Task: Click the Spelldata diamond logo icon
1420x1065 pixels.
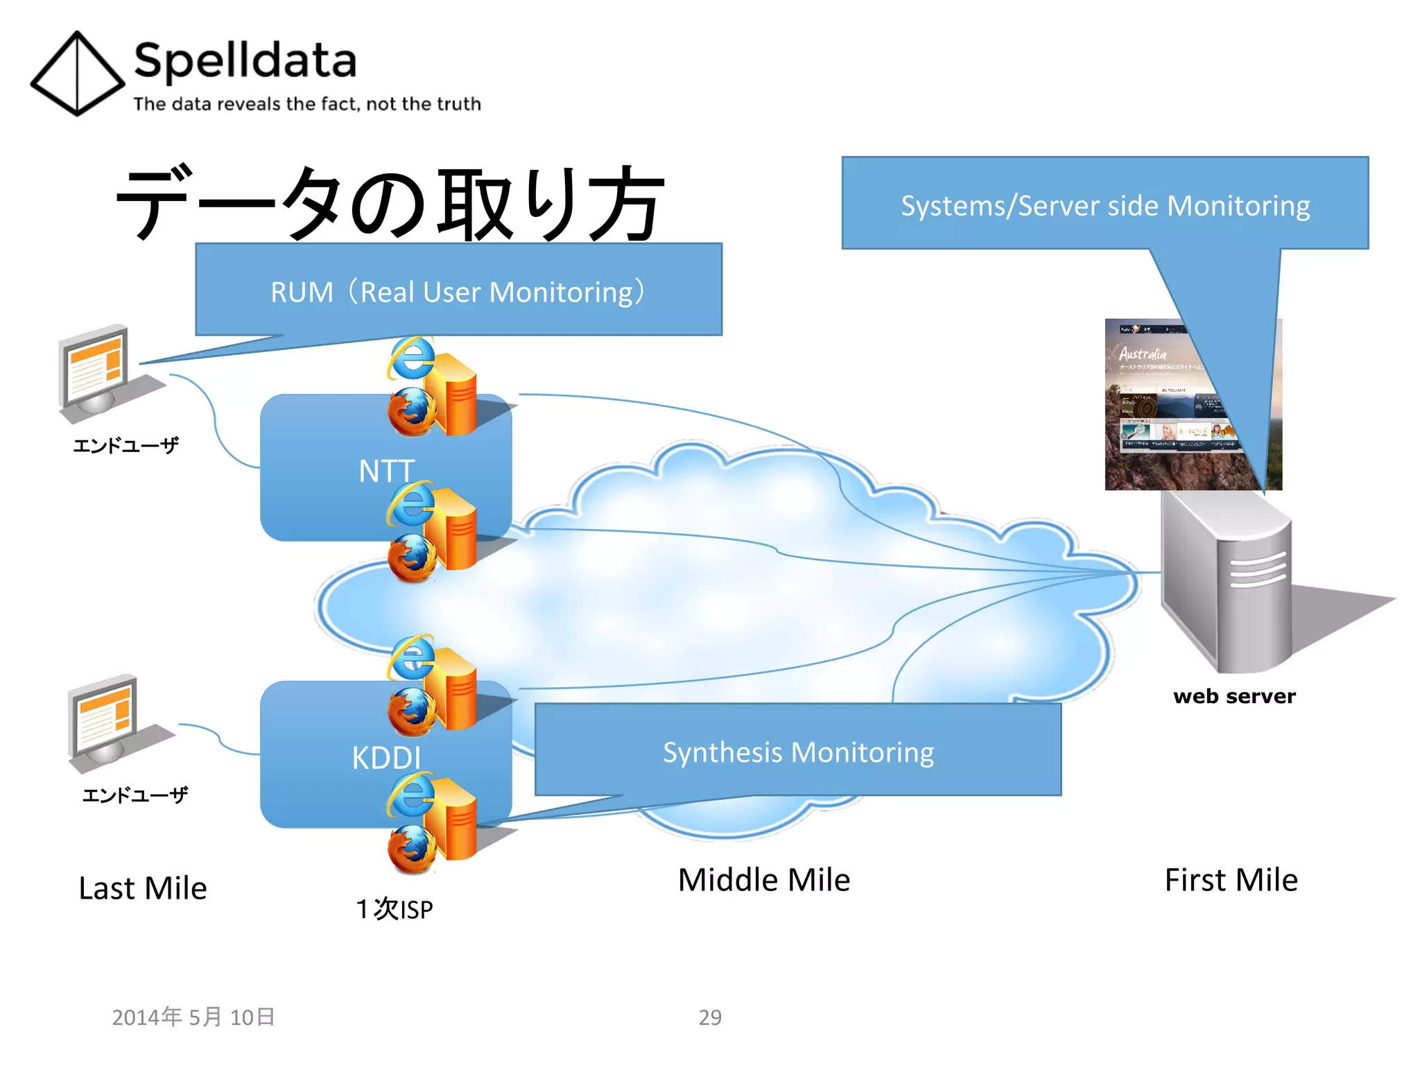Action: point(77,73)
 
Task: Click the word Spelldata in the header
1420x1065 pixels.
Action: point(245,61)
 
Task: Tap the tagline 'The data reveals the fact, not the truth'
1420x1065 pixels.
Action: point(306,104)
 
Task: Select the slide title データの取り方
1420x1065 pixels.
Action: point(390,202)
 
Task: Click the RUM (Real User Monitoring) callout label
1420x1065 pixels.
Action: point(458,292)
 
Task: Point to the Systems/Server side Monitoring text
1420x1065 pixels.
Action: point(1105,206)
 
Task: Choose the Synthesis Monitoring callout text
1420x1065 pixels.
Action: point(798,752)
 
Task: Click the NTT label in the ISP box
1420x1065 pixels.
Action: point(386,471)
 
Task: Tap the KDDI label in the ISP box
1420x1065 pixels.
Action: point(386,758)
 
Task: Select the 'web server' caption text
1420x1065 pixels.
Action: point(1234,696)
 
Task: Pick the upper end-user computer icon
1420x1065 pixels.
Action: point(97,371)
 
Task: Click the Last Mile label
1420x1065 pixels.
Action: point(143,888)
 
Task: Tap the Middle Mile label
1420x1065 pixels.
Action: point(764,880)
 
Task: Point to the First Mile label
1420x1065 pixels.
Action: point(1231,880)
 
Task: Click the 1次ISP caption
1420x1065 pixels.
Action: point(395,909)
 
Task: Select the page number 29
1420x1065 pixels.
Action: point(710,1017)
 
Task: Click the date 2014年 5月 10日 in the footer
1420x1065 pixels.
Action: point(193,1017)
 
